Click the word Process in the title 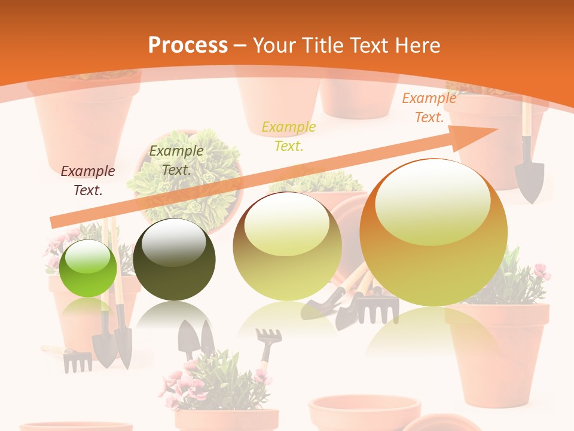point(188,45)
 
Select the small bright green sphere point(88,268)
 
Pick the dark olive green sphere point(174,259)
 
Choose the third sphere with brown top point(287,245)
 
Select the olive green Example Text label point(176,160)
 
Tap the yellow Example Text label point(289,136)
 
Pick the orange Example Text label point(429,108)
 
